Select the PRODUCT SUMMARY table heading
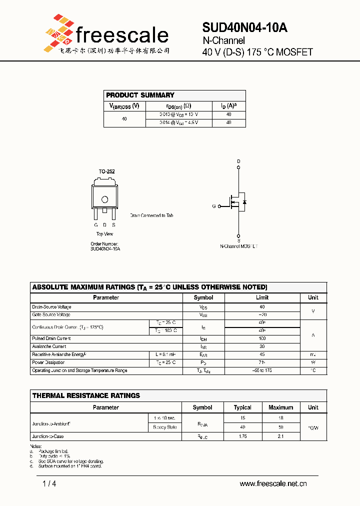(140, 95)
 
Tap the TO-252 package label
(106, 171)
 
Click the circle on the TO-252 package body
(105, 199)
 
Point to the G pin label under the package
(96, 225)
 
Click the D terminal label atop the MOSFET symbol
(238, 161)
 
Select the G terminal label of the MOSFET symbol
(214, 206)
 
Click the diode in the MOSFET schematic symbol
(244, 202)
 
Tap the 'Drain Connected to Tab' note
(151, 215)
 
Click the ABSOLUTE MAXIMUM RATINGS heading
(149, 287)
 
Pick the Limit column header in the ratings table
(262, 297)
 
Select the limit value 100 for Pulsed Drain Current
(262, 338)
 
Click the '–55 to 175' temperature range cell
(262, 370)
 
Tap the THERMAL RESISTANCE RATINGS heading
(86, 395)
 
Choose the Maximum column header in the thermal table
(280, 407)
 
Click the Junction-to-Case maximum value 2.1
(280, 436)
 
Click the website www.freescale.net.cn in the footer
(273, 483)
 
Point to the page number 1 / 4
(49, 483)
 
